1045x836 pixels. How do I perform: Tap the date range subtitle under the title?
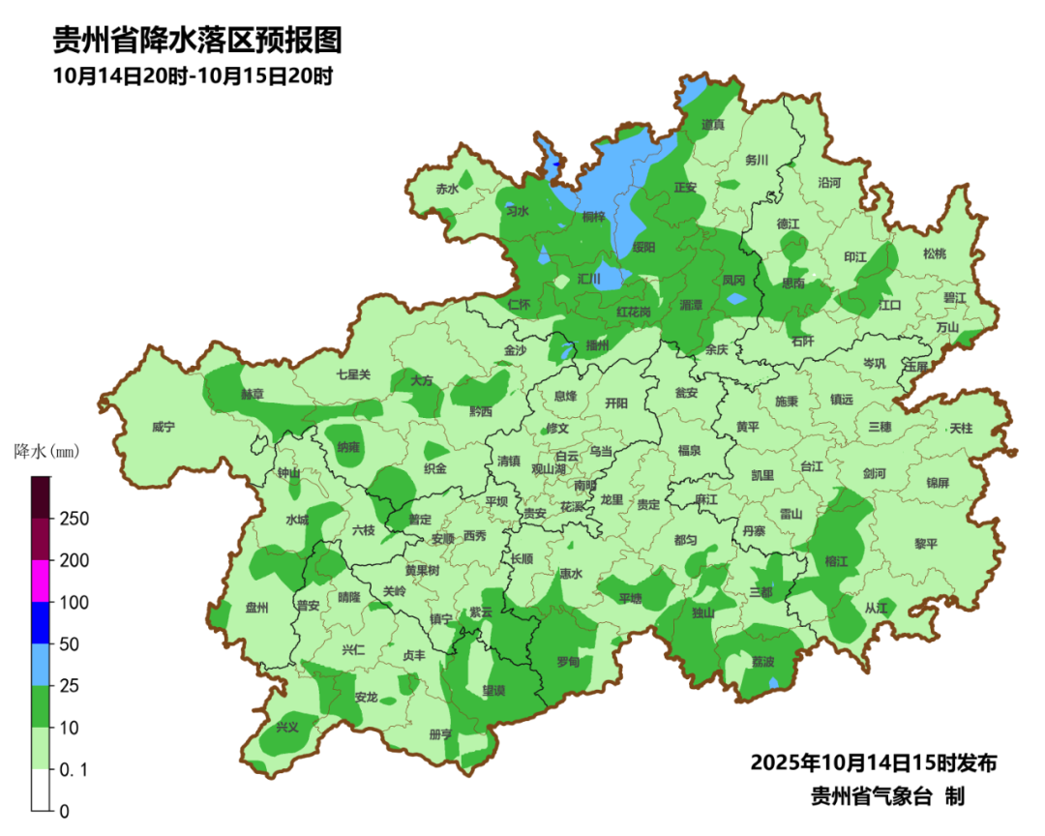pos(193,75)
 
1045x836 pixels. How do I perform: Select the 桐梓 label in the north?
pos(593,217)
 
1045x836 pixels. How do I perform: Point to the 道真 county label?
pos(713,125)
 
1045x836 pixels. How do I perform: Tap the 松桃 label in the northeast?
pos(934,254)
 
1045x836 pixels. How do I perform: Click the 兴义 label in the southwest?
pos(287,727)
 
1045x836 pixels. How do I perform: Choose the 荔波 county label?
pos(762,662)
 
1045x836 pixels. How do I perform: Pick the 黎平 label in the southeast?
pos(926,544)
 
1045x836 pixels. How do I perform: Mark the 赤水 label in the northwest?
pos(446,190)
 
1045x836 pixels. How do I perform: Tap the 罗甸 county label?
pos(568,662)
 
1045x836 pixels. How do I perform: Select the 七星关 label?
pos(353,374)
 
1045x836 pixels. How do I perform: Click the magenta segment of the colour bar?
pos(40,581)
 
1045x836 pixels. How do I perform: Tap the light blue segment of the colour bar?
pos(40,665)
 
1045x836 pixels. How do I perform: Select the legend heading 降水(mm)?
pos(46,452)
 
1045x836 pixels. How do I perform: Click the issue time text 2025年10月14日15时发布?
pos(874,762)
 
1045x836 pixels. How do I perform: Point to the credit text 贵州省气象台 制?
pos(887,796)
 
